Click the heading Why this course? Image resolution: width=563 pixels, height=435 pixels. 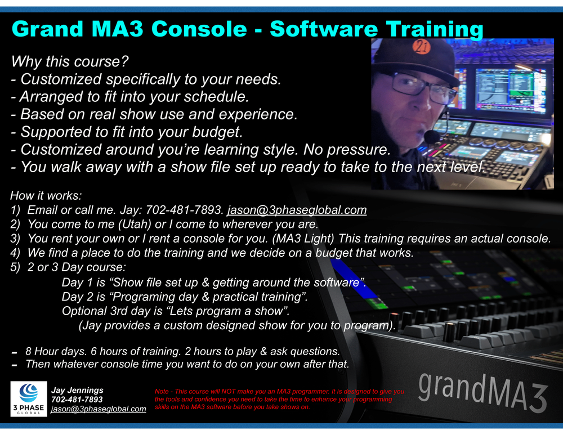click(x=70, y=61)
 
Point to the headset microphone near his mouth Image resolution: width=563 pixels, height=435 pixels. click(x=432, y=136)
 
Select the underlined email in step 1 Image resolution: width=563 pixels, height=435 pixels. click(x=297, y=210)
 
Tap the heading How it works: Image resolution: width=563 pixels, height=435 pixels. click(x=46, y=196)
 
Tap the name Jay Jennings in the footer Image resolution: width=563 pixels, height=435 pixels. click(x=77, y=390)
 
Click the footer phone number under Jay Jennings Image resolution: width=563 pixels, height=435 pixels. click(x=77, y=400)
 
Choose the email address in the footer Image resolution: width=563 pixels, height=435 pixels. click(x=98, y=409)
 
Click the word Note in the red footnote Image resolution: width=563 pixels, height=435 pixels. click(x=163, y=391)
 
